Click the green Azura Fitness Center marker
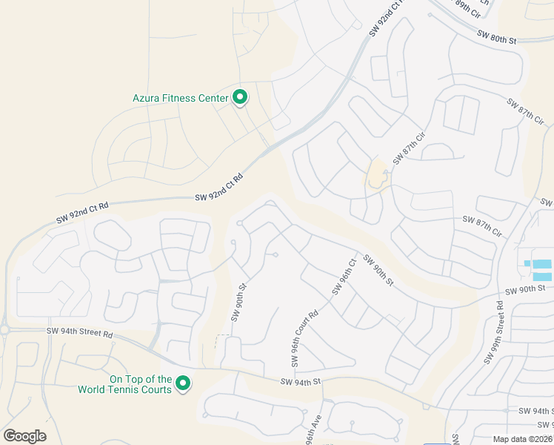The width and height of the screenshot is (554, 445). click(240, 96)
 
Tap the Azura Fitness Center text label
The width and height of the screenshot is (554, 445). click(180, 97)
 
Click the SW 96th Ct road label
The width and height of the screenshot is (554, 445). click(344, 277)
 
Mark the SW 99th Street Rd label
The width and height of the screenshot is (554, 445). click(494, 332)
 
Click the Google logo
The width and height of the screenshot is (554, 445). click(24, 435)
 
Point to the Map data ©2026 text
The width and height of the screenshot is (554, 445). click(523, 439)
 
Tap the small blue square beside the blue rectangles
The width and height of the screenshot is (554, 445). click(527, 263)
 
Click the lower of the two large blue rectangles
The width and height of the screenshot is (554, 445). click(542, 276)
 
